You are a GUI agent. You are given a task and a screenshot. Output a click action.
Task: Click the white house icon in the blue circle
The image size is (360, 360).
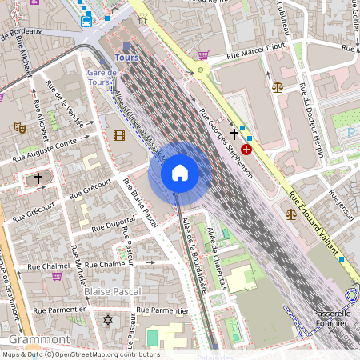180,173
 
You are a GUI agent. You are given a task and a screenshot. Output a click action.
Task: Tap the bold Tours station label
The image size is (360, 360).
127,58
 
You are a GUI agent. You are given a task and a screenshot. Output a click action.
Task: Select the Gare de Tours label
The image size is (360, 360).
102,78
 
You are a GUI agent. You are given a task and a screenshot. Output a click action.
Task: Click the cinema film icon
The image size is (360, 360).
119,134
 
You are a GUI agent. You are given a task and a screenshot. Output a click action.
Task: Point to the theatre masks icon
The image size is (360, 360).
18,127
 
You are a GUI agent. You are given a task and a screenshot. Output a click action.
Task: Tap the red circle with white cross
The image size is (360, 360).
246,149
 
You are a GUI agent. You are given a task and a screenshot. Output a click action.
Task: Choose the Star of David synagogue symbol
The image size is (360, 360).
109,320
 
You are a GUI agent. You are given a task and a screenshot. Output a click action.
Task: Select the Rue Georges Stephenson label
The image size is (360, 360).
226,143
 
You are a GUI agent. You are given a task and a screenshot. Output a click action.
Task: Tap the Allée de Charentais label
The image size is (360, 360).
212,243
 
